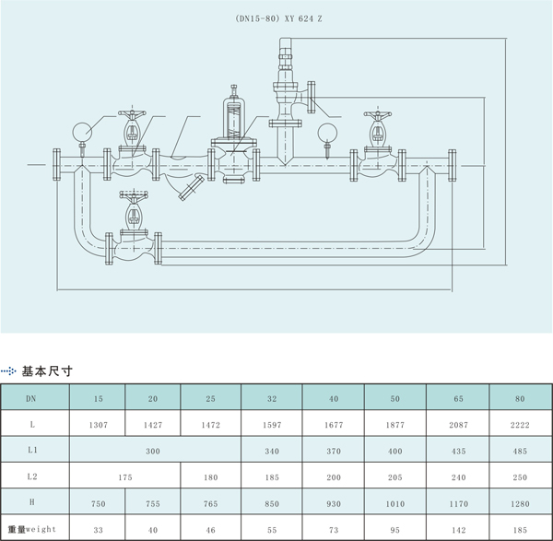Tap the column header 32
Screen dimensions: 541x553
tap(271, 398)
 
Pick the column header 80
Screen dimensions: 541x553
tap(519, 398)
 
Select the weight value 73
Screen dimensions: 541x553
tap(334, 531)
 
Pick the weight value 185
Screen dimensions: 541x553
tap(519, 531)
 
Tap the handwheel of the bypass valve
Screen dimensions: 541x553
tap(133, 196)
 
